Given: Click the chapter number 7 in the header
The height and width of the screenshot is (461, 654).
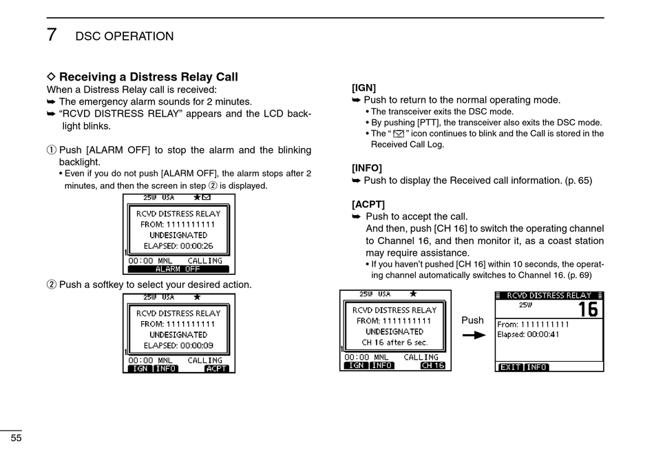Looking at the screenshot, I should [x=52, y=34].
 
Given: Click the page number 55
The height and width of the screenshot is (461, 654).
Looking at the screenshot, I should [x=14, y=438].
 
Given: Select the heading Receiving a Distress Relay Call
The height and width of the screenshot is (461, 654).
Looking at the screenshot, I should [x=148, y=76].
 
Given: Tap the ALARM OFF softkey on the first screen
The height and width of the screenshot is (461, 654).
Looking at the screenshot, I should [x=178, y=269].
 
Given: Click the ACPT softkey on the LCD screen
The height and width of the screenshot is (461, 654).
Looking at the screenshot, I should [x=216, y=369].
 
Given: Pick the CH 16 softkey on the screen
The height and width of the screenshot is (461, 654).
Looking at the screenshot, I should [x=433, y=366].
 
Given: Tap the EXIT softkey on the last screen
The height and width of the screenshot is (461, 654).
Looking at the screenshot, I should [x=510, y=367].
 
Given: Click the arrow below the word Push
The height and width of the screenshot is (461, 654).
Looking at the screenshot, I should [x=474, y=335].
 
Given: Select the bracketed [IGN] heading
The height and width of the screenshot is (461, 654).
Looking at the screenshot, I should [x=363, y=88].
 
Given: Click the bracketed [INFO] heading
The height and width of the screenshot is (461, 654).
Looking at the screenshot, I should [x=366, y=167].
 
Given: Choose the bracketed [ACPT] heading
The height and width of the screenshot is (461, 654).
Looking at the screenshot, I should [x=368, y=204].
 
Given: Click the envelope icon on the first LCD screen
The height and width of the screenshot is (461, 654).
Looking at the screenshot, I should [x=206, y=197].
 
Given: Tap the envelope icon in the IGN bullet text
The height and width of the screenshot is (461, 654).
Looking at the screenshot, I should [x=398, y=134].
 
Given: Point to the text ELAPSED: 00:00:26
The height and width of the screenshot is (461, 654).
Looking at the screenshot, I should [x=178, y=246].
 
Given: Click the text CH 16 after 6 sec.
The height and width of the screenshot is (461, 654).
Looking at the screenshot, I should [x=395, y=342].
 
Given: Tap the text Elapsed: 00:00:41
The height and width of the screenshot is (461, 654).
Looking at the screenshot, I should [x=529, y=335].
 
